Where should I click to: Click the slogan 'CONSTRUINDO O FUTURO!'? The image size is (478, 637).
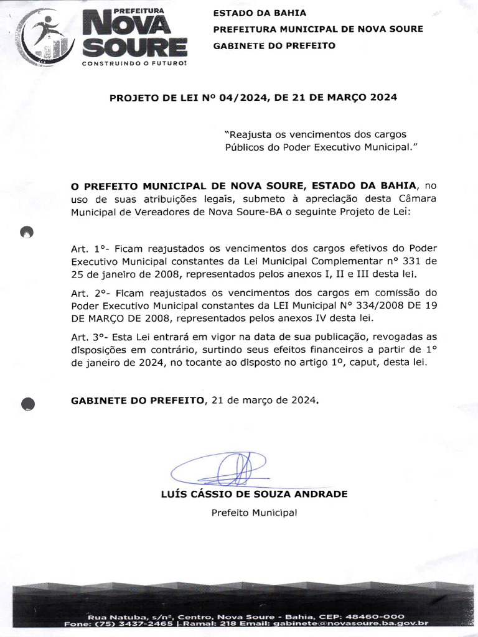tap(134, 63)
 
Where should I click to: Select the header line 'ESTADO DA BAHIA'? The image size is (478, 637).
tap(260, 12)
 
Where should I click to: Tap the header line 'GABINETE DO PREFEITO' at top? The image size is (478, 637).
tap(274, 45)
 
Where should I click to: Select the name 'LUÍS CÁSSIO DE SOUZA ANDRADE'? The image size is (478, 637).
tap(254, 494)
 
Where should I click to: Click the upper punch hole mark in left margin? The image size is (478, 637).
tap(27, 232)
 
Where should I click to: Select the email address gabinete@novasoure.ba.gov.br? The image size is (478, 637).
tap(363, 623)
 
